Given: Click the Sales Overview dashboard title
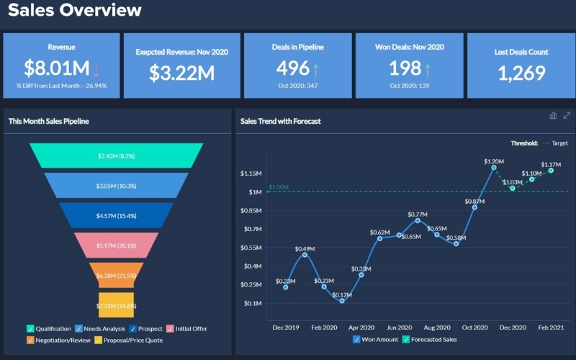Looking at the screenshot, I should click(x=75, y=11).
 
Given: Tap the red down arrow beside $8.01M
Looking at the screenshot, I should click(x=96, y=69).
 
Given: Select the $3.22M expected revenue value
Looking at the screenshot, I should click(x=181, y=73).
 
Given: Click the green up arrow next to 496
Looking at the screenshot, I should click(x=315, y=69).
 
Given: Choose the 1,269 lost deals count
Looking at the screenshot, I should click(x=522, y=73).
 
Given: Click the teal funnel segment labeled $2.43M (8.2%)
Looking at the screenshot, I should click(x=116, y=156).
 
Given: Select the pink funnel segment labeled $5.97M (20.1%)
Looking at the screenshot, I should click(x=116, y=246).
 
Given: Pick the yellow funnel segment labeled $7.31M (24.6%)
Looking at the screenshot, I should click(x=116, y=306).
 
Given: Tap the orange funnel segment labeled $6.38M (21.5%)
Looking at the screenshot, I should click(x=116, y=275).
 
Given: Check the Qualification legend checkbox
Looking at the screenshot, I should click(x=30, y=329).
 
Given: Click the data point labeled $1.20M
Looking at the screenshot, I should click(x=494, y=168).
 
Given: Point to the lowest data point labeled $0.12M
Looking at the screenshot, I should click(x=342, y=301).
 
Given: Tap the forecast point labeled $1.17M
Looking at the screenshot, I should click(x=551, y=170).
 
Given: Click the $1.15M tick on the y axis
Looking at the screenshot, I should click(x=251, y=174).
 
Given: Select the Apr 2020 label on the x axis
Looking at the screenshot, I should click(x=361, y=327).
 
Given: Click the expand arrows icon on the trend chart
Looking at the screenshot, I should click(x=567, y=115).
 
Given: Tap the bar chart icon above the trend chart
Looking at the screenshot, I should click(x=553, y=115).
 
